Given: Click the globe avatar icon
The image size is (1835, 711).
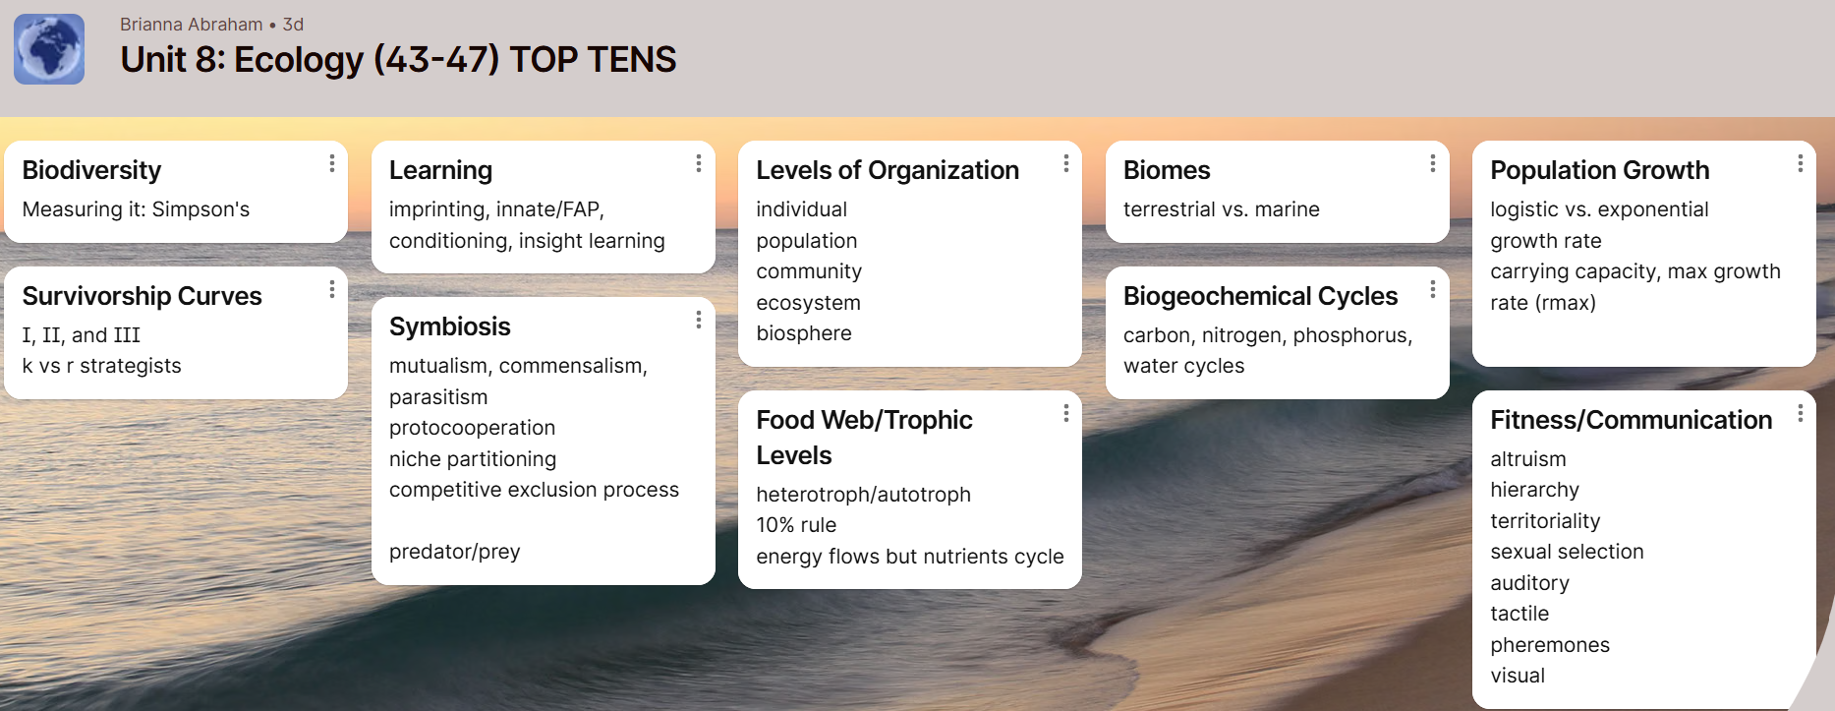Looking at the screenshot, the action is (x=49, y=49).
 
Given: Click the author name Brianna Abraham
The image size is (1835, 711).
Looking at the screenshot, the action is (x=192, y=25).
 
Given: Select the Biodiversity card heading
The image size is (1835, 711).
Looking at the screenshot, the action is (x=91, y=170).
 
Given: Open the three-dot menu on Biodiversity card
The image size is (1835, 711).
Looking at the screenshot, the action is (x=332, y=163).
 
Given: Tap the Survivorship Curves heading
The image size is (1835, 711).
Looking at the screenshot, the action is (x=142, y=296).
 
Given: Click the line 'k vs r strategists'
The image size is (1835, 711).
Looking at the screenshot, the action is (x=101, y=366).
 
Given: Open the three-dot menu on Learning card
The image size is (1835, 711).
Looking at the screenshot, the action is (x=699, y=163).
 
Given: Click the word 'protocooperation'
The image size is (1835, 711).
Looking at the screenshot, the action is (x=472, y=428).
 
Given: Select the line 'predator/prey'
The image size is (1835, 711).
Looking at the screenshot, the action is (x=454, y=552).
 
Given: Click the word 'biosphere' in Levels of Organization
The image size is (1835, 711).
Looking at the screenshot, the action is (x=804, y=333).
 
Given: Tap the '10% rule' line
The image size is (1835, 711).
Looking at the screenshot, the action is (x=796, y=525).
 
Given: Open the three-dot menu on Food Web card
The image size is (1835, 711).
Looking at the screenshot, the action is (x=1066, y=414).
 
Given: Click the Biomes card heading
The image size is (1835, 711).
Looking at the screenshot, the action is (x=1167, y=170).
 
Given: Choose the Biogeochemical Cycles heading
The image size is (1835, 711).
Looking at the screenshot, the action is (x=1260, y=296).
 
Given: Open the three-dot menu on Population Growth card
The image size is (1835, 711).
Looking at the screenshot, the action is (x=1801, y=163).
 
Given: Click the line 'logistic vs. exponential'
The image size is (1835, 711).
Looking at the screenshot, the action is (x=1599, y=209).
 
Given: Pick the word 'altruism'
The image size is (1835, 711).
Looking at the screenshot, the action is (x=1528, y=459).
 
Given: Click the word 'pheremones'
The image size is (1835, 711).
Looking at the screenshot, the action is (x=1550, y=645).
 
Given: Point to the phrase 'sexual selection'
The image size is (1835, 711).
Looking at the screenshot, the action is (x=1567, y=552).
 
